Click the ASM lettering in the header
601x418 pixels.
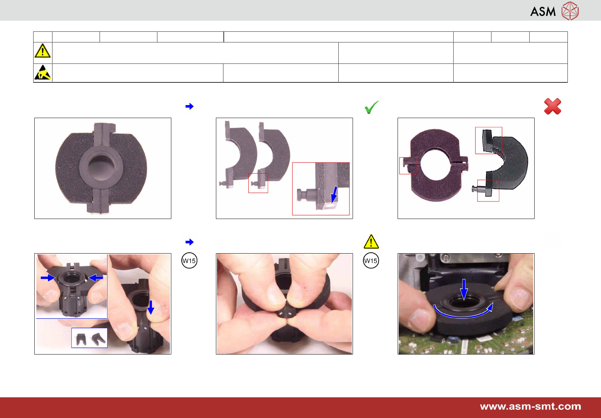542,11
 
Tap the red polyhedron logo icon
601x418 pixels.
570,11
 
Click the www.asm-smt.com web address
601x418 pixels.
530,407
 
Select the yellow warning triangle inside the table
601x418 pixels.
42,51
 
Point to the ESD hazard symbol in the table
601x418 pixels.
43,72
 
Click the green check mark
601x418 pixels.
371,107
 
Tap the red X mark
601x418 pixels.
552,106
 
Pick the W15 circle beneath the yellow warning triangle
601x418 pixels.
371,261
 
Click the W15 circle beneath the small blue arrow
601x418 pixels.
189,261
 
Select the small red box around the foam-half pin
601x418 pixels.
258,183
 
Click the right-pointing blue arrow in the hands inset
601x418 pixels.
48,278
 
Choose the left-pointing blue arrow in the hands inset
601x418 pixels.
96,278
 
